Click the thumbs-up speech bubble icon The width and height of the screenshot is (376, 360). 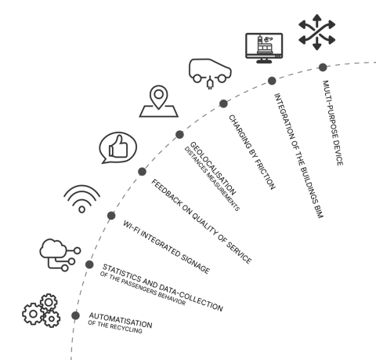(118, 147)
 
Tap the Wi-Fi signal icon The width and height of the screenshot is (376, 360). (82, 198)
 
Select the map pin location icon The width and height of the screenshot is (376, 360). (159, 101)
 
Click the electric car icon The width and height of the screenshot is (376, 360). (210, 71)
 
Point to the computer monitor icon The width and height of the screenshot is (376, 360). (264, 48)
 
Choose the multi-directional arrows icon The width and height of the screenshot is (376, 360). (316, 32)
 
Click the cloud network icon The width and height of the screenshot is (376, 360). (60, 255)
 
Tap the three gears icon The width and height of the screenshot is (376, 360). (41, 311)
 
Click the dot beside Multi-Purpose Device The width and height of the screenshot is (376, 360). (323, 67)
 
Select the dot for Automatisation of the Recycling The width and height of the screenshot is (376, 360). (75, 315)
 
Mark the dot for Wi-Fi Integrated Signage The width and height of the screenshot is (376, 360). (111, 216)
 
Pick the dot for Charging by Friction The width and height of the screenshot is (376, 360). (223, 104)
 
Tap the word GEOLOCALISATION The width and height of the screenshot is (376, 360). (213, 168)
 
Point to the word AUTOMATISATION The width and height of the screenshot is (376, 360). (121, 320)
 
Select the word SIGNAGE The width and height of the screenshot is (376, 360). (195, 264)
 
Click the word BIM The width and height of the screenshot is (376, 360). (320, 211)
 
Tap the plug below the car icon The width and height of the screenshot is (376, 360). (210, 82)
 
